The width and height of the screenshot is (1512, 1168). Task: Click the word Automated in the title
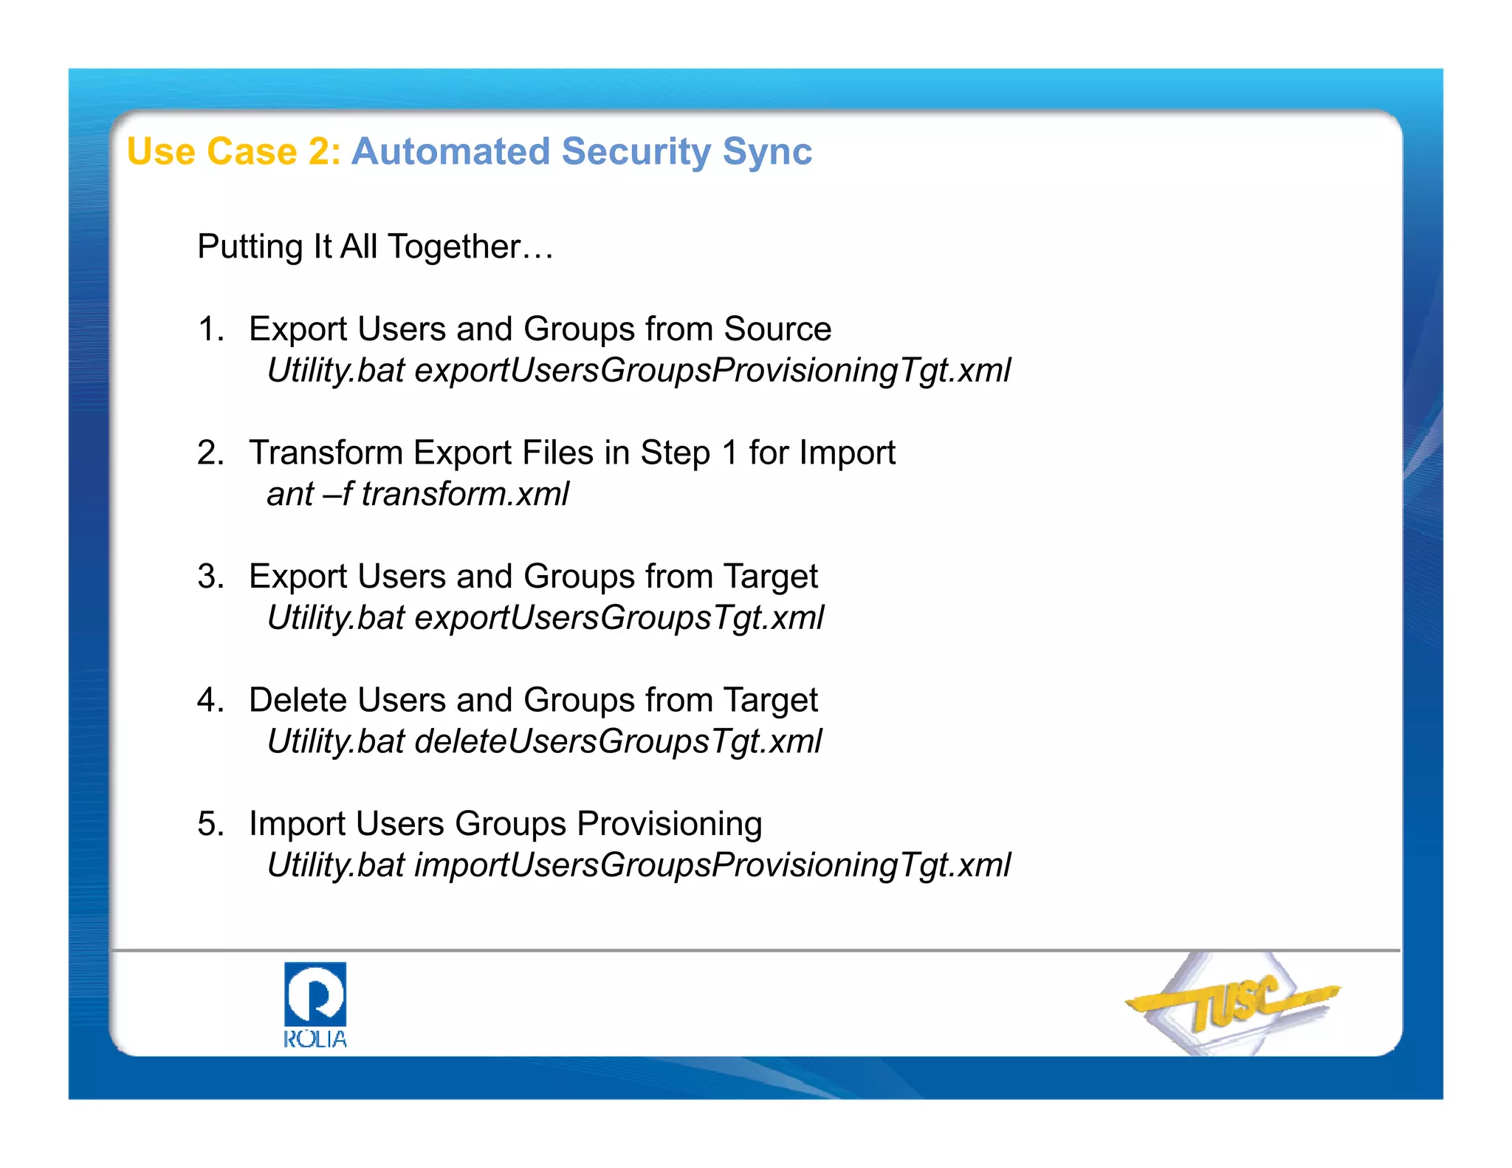point(450,151)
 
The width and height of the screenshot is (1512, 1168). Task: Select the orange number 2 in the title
point(320,151)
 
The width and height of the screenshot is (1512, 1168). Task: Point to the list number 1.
point(210,329)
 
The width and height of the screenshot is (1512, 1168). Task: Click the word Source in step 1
point(777,329)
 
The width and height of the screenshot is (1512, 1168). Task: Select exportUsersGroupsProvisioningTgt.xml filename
point(712,371)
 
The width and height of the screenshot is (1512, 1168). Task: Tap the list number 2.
point(210,453)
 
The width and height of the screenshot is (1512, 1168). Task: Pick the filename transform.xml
point(465,494)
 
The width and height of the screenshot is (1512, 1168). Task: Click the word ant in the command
point(290,495)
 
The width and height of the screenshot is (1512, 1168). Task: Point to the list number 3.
point(210,576)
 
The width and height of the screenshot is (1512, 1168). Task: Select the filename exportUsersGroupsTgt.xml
point(619,618)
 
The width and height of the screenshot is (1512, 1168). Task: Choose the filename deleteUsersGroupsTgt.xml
point(618,741)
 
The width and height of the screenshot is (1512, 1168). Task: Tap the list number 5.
point(210,823)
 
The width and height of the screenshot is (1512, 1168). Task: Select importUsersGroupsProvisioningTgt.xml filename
point(712,865)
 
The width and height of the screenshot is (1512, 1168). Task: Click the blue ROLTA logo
point(315,1005)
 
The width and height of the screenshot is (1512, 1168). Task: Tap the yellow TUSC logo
point(1234,1003)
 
